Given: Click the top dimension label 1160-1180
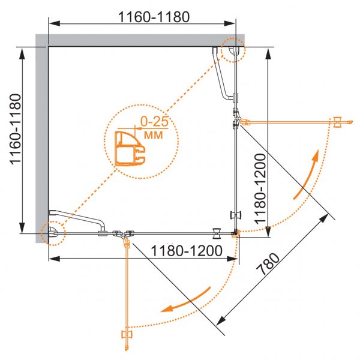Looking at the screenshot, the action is click(154, 17).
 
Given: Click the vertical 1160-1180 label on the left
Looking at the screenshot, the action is click(16, 129).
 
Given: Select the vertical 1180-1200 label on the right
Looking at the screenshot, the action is click(260, 189).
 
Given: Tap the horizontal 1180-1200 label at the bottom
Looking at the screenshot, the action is click(187, 250).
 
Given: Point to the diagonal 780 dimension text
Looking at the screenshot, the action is click(268, 264).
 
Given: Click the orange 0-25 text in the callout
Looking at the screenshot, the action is click(154, 121).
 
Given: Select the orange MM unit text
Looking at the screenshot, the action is click(154, 135).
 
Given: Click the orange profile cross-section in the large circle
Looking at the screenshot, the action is click(130, 149).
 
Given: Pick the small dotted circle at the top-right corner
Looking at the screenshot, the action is click(233, 50).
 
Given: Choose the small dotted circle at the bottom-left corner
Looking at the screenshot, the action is click(53, 233).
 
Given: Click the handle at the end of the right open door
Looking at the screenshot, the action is click(337, 122).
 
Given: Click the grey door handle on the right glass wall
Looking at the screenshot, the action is click(236, 215).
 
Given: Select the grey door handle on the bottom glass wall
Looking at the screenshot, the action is click(217, 233).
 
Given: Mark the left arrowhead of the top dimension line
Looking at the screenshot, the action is click(55, 23).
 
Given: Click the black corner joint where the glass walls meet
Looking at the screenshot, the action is click(235, 232).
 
